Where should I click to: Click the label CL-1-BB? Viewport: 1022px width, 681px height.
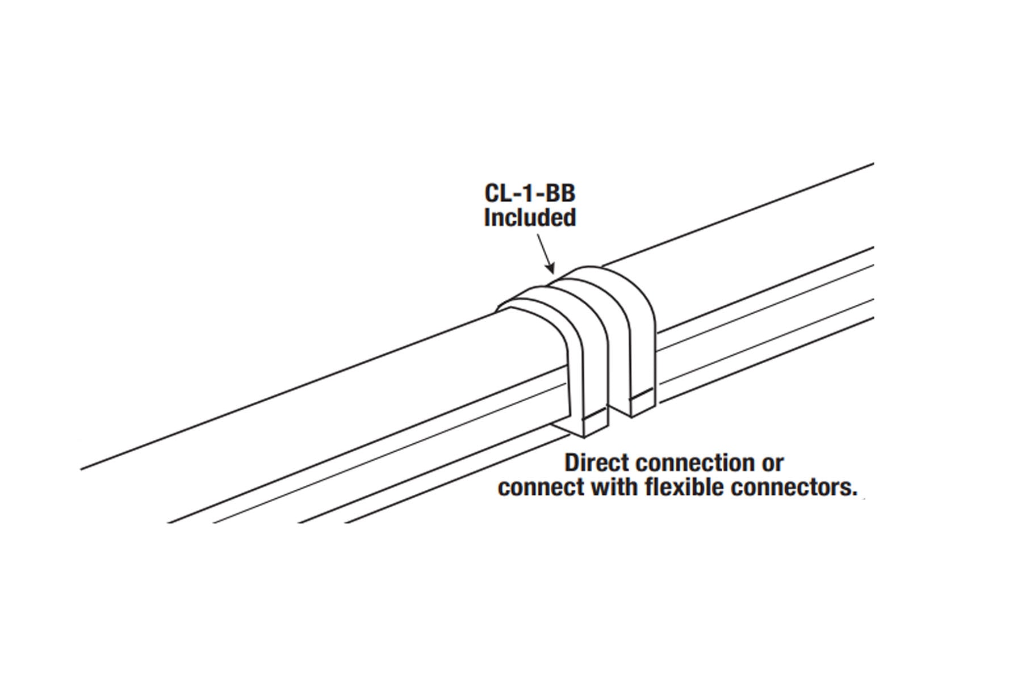pyautogui.click(x=529, y=194)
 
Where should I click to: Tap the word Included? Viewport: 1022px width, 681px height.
pyautogui.click(x=529, y=218)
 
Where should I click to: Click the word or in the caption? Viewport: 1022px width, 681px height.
pyautogui.click(x=772, y=463)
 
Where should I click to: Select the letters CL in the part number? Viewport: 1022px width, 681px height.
pyautogui.click(x=499, y=194)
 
